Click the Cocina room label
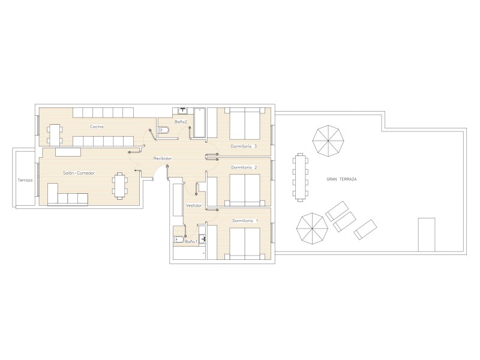click(97, 127)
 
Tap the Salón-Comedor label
click(79, 173)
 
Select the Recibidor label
click(163, 158)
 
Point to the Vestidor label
click(194, 205)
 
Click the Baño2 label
click(181, 122)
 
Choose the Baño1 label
click(191, 242)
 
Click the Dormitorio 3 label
click(244, 146)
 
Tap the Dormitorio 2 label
click(244, 167)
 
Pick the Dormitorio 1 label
click(245, 221)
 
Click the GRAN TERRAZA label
click(341, 179)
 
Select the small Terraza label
click(25, 181)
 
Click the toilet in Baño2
click(163, 130)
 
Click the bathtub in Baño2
click(200, 122)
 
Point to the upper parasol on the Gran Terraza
click(328, 141)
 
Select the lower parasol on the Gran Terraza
click(312, 229)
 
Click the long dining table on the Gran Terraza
click(300, 178)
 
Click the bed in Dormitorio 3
click(245, 123)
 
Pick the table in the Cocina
click(55, 134)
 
